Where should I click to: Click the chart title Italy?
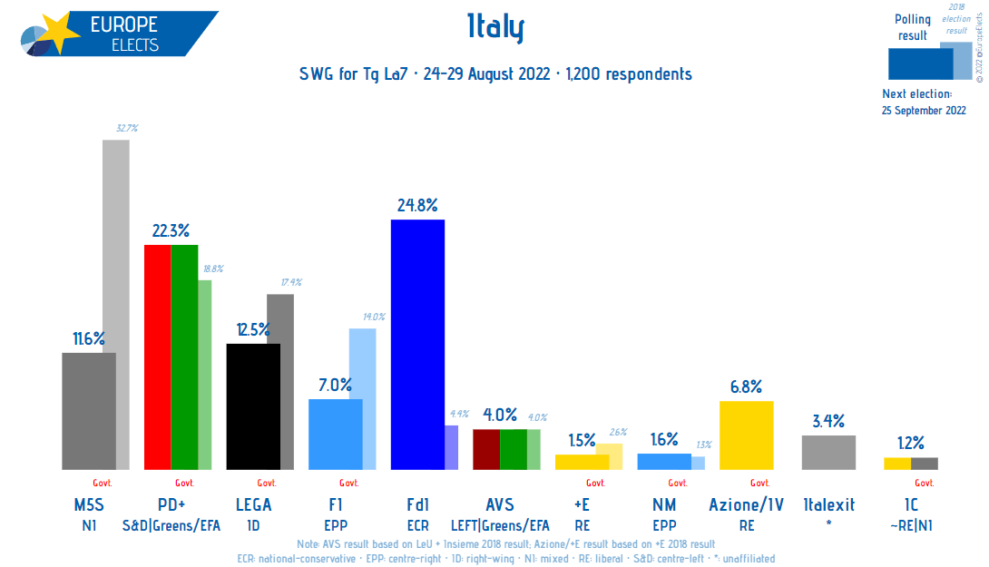point(495,29)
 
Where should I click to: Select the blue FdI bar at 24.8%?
point(417,345)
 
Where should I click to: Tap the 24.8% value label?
point(417,206)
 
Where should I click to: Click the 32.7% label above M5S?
point(126,129)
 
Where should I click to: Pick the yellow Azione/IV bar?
point(746,435)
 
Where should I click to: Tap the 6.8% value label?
point(746,387)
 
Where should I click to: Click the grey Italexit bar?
point(828,452)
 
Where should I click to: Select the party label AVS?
point(500,506)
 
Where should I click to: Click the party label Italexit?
point(827,506)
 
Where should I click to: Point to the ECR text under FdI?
point(417,524)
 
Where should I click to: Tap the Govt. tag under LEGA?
point(266,483)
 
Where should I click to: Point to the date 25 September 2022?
point(924,110)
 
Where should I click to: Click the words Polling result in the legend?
point(912,27)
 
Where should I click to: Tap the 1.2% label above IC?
point(910,444)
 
